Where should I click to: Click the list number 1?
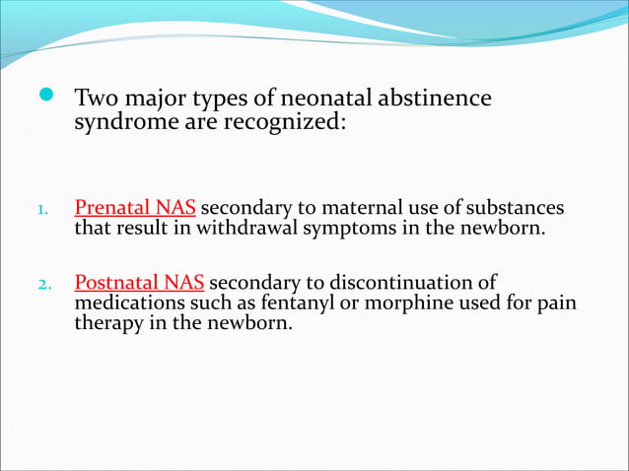[41, 211]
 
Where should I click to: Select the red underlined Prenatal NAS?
[135, 209]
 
